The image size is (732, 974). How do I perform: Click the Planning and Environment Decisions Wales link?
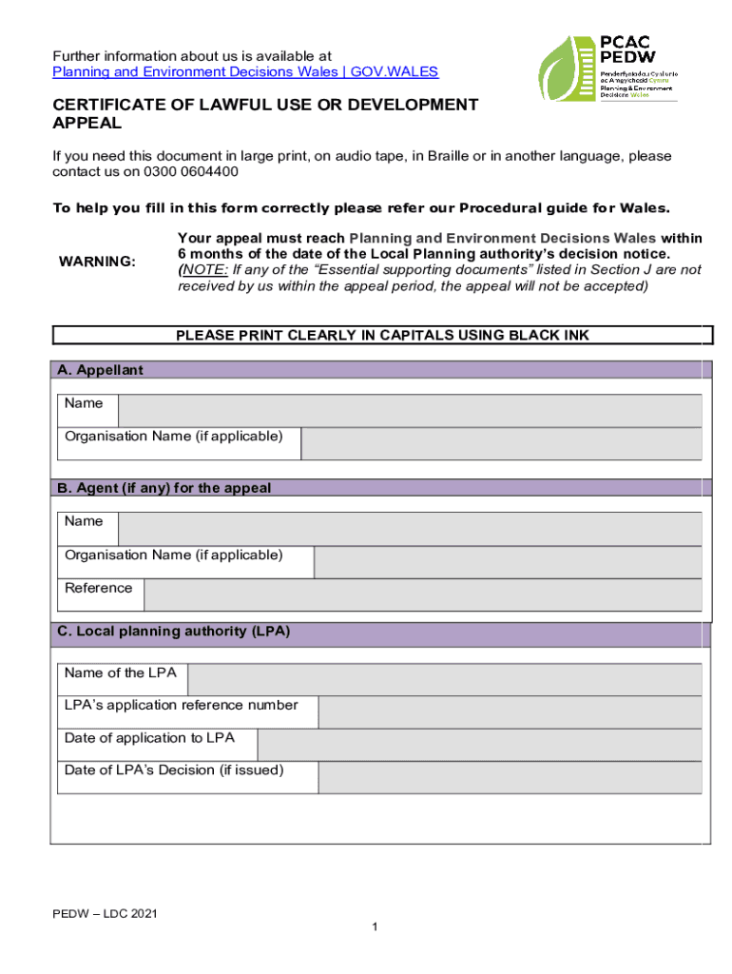(245, 71)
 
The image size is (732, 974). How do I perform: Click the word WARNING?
(97, 262)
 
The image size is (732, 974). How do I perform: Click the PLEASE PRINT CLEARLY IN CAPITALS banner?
(382, 335)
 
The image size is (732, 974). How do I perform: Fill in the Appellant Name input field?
(409, 411)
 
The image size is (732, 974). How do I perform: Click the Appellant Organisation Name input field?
(501, 443)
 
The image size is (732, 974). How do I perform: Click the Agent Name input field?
(409, 529)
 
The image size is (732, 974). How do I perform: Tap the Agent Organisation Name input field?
(507, 562)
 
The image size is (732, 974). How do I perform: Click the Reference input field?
(422, 594)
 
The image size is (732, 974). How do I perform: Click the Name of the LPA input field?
(445, 680)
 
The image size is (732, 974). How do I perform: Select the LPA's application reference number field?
(510, 712)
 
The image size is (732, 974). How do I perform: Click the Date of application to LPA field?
(479, 745)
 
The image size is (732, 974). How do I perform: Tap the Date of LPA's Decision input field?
(510, 777)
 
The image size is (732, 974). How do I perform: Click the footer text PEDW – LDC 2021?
(105, 914)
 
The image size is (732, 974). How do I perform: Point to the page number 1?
(377, 928)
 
